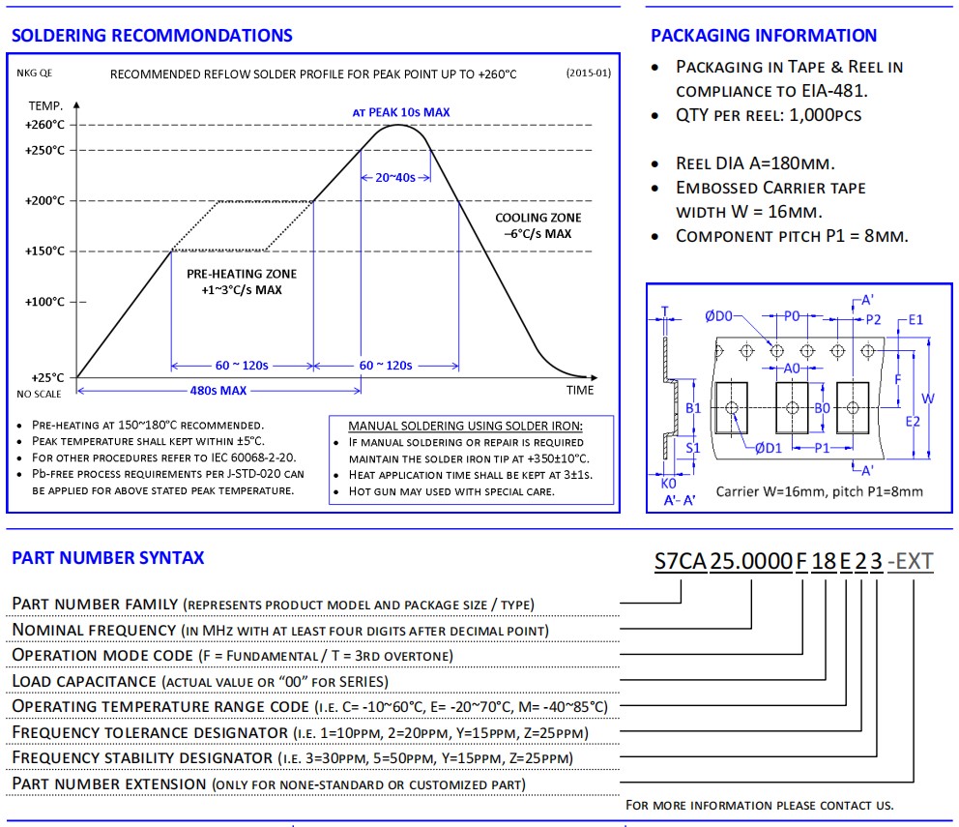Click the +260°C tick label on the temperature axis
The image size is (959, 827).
[45, 125]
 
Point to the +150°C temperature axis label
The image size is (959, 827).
[45, 251]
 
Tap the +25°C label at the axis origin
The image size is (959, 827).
[45, 377]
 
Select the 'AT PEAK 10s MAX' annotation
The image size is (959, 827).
[401, 112]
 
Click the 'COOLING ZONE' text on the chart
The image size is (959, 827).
[538, 218]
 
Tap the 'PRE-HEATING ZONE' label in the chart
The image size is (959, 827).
[242, 274]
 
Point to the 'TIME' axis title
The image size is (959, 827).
[580, 390]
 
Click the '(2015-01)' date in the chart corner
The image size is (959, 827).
[588, 74]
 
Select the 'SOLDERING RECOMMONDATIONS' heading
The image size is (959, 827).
[151, 36]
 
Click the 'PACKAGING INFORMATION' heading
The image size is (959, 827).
[764, 36]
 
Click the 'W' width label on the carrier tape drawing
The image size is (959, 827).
[927, 399]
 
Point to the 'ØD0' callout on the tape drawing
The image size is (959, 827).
[718, 315]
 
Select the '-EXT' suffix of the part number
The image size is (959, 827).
[910, 561]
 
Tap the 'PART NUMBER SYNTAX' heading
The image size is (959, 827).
[108, 558]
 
